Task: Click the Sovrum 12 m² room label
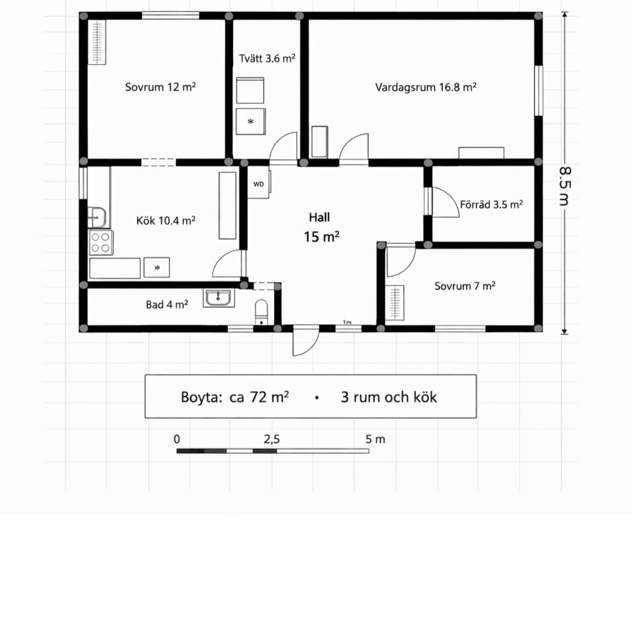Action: pos(160,87)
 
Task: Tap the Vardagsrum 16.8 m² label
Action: pos(426,87)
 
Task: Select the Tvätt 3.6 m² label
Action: pos(267,59)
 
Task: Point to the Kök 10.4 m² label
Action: pos(166,220)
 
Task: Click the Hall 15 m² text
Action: pos(321,227)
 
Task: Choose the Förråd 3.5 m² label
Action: pos(492,205)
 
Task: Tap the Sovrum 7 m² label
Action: pos(465,286)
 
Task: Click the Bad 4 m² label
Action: pos(167,305)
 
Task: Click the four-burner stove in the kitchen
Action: pos(101,243)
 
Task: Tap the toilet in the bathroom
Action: pos(262,312)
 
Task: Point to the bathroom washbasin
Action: pos(219,298)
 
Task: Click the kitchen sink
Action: pos(97,217)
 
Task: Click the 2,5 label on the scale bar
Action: pos(272,439)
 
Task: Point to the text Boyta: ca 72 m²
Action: pos(235,397)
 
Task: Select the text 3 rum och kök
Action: pos(389,397)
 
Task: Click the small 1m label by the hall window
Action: pos(347,322)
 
